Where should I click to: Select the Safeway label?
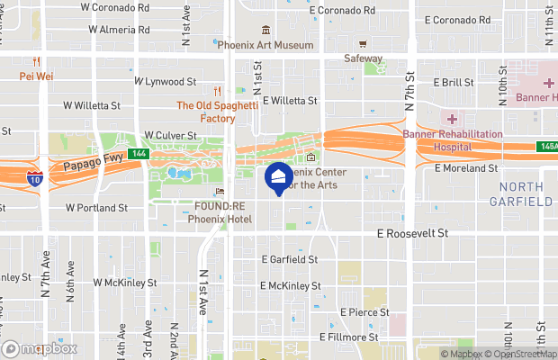click(363, 58)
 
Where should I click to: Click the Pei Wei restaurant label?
click(36, 76)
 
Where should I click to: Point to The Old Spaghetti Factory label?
click(205, 112)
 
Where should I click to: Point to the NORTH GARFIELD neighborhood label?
click(526, 193)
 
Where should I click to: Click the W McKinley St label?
click(125, 282)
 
